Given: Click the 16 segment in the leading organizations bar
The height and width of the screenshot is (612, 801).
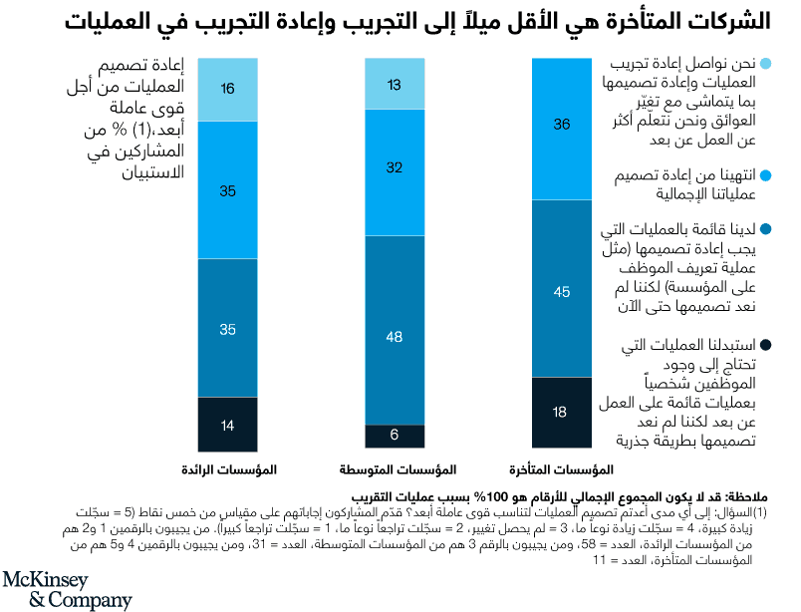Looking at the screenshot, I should [x=228, y=89].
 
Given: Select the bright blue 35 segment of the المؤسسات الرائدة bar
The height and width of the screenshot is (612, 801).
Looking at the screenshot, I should [x=228, y=189].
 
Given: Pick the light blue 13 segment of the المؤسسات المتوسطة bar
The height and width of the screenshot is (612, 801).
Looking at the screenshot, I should [x=396, y=84].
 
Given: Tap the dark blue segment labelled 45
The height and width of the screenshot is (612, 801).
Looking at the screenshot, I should [x=563, y=288].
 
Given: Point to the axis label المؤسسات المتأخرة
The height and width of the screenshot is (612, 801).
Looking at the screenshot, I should [x=563, y=468].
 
